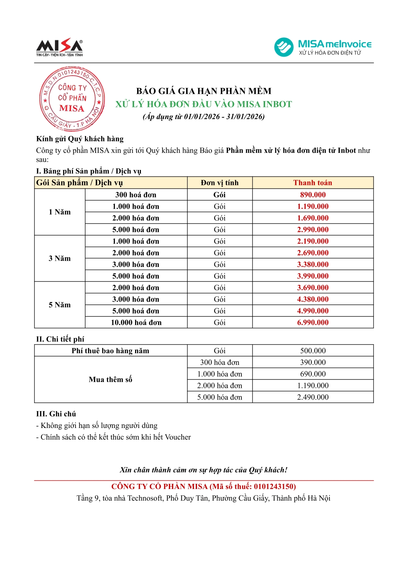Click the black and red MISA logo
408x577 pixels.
point(60,47)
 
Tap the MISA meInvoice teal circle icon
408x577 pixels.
point(284,47)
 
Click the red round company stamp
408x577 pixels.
point(72,99)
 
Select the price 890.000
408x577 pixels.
point(313,195)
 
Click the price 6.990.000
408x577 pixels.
point(313,322)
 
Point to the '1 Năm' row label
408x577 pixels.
point(60,212)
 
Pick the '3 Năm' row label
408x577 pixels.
point(60,258)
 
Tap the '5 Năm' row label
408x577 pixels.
point(60,305)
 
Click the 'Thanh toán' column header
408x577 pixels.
point(313,183)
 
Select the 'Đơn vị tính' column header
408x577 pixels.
point(219,183)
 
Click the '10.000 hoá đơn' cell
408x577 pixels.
point(136,322)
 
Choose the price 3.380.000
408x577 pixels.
point(313,265)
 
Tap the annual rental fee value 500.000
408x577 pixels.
point(313,351)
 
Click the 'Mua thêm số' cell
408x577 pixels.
point(110,380)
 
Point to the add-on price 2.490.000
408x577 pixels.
point(313,397)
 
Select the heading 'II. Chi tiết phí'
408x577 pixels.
point(60,339)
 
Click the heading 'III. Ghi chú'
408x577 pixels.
point(56,414)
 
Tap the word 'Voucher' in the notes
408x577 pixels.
point(178,437)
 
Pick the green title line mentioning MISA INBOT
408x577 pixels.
point(204,104)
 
